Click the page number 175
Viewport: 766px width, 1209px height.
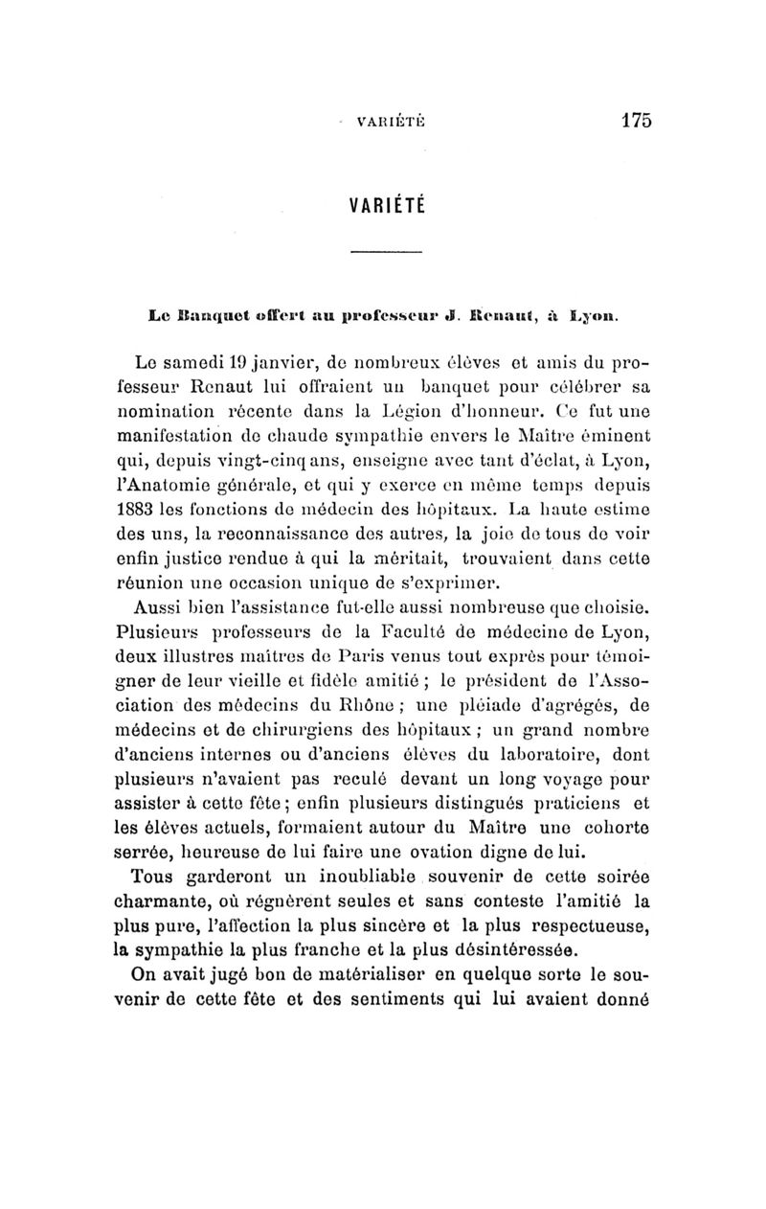(x=636, y=121)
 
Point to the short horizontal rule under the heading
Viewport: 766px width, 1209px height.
(x=386, y=253)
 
